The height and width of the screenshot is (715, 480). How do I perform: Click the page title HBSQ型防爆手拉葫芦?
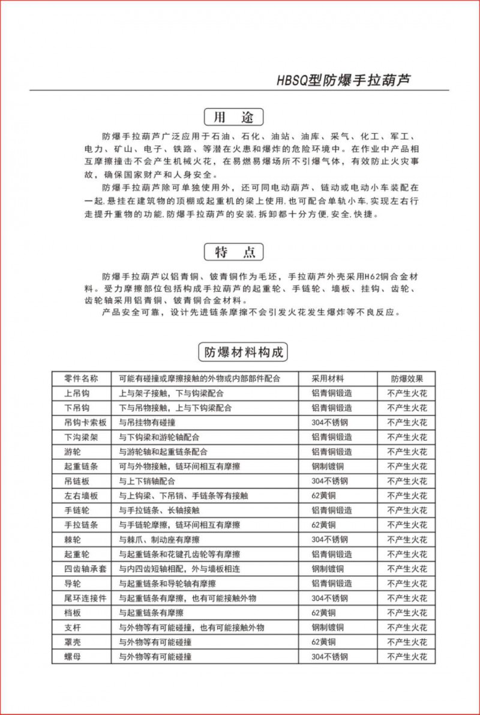pyautogui.click(x=344, y=80)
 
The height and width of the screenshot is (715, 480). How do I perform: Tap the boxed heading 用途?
pyautogui.click(x=234, y=116)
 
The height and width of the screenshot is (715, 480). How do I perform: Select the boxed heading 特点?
pyautogui.click(x=234, y=252)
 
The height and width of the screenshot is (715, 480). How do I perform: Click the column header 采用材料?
pyautogui.click(x=328, y=379)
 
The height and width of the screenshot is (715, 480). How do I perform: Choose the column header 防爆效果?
pyautogui.click(x=407, y=379)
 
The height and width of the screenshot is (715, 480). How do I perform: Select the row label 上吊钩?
pyautogui.click(x=77, y=393)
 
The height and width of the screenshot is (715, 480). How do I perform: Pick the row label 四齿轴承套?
pyautogui.click(x=85, y=569)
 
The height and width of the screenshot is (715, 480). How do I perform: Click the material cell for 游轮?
pyautogui.click(x=332, y=451)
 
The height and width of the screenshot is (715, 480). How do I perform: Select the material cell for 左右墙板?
pyautogui.click(x=323, y=496)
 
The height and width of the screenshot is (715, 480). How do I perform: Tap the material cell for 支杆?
pyautogui.click(x=328, y=627)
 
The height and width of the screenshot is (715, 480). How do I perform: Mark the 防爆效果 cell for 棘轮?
pyautogui.click(x=407, y=540)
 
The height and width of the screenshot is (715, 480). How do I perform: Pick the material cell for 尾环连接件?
pyautogui.click(x=329, y=598)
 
